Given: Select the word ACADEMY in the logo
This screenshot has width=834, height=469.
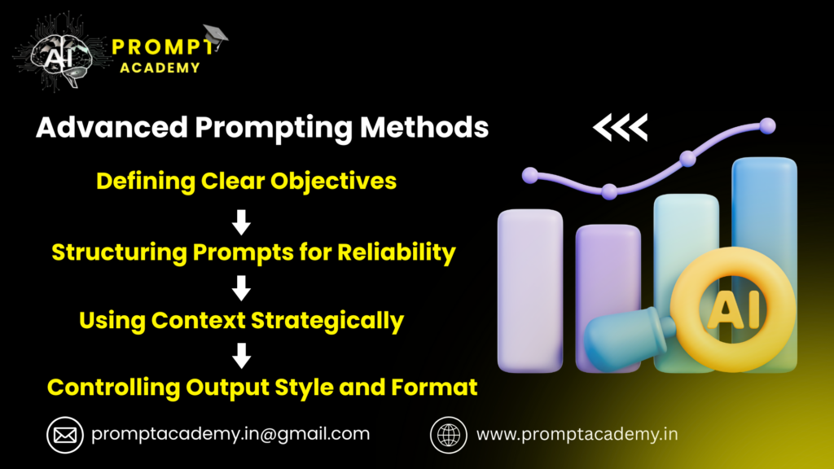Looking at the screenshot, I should point(160,68).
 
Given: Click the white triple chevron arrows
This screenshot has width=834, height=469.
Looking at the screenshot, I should point(620,126).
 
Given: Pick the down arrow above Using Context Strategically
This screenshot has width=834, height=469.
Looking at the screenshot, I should point(242,287).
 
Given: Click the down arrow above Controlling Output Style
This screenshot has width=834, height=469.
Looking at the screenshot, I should point(242,355).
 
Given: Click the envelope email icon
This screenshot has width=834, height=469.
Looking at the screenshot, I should point(65,435).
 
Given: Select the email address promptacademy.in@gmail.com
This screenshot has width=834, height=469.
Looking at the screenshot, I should point(230,434).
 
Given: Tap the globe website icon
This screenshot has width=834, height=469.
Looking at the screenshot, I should point(448,435).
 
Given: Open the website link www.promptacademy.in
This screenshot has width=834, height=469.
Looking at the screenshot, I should point(577,434).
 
